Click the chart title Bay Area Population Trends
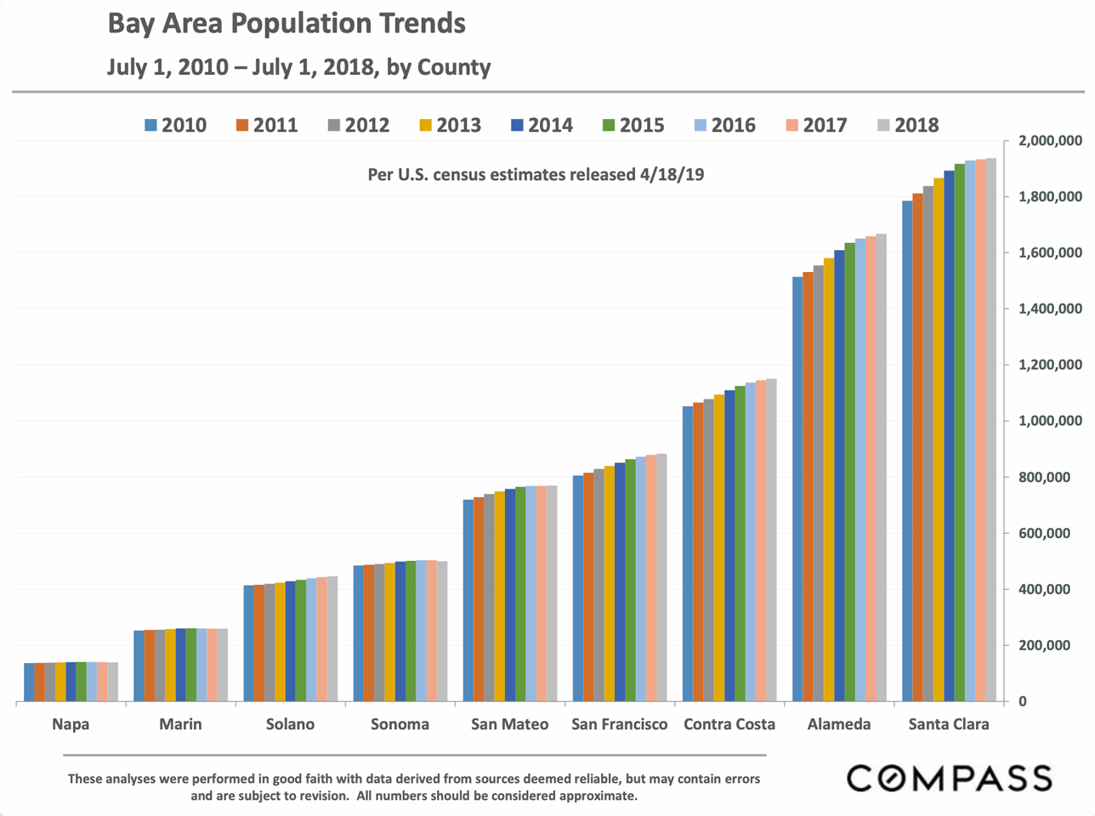[x=287, y=23]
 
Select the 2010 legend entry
[x=175, y=125]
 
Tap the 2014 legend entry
[x=542, y=125]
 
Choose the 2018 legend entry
[x=908, y=125]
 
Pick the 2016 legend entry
[x=724, y=125]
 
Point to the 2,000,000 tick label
[x=1050, y=140]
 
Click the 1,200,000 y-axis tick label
[x=1050, y=365]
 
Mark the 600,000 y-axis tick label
[x=1050, y=533]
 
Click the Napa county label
[x=71, y=724]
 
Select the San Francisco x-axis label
[x=620, y=724]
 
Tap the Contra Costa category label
[x=729, y=724]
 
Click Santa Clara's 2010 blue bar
[x=907, y=450]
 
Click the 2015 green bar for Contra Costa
[x=740, y=544]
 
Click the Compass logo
[x=949, y=778]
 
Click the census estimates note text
[x=536, y=174]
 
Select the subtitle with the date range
[x=299, y=67]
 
